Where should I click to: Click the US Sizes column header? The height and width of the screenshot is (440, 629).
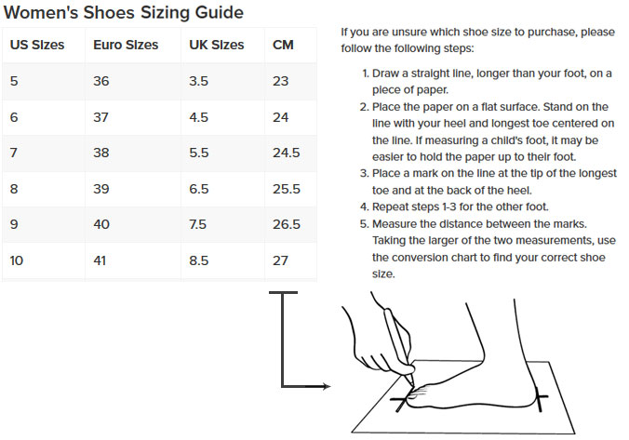37,45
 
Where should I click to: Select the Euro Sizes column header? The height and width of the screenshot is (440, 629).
126,45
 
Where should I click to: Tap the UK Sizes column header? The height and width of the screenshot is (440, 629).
217,45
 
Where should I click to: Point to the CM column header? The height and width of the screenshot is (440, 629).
283,45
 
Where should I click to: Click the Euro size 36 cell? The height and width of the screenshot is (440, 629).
101,81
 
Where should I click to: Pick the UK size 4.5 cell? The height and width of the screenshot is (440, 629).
198,117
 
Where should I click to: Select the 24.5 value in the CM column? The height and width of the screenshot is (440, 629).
287,153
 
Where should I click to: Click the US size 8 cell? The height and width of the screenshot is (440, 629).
14,189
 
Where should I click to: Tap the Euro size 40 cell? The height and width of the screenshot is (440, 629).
101,224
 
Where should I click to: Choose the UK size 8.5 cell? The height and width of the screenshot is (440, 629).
198,260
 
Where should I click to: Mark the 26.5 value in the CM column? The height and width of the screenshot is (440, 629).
287,224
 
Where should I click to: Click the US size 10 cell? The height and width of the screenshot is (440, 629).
17,260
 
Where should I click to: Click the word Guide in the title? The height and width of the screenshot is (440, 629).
220,12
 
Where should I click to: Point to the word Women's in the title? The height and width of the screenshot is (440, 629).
41,12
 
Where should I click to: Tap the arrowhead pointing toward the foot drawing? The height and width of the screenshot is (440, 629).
325,386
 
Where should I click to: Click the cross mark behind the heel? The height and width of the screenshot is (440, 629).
540,398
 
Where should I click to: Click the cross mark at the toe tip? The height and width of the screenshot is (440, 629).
401,401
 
